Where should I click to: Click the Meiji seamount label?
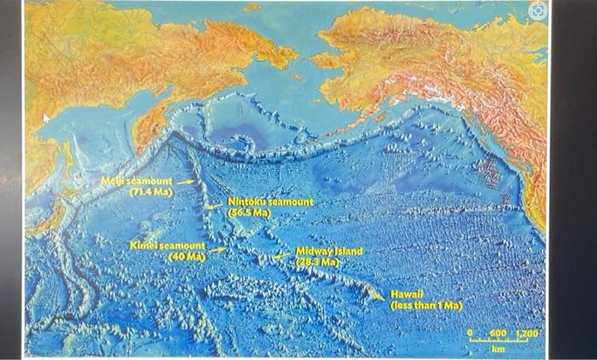click(136, 182)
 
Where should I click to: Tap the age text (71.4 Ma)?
click(151, 193)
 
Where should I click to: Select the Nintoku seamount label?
click(270, 202)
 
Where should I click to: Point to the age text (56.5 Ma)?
click(249, 212)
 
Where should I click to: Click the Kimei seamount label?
click(167, 246)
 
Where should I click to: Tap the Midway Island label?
click(328, 252)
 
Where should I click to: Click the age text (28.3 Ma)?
click(317, 262)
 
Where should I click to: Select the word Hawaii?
click(406, 293)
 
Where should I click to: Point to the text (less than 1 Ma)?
click(426, 305)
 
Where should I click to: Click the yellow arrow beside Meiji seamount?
click(186, 182)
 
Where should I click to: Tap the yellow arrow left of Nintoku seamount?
click(213, 206)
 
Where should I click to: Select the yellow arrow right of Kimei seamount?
click(218, 250)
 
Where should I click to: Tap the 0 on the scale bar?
click(470, 333)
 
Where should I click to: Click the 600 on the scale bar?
click(497, 333)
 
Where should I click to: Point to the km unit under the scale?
click(498, 349)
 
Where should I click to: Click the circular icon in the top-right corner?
click(536, 11)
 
